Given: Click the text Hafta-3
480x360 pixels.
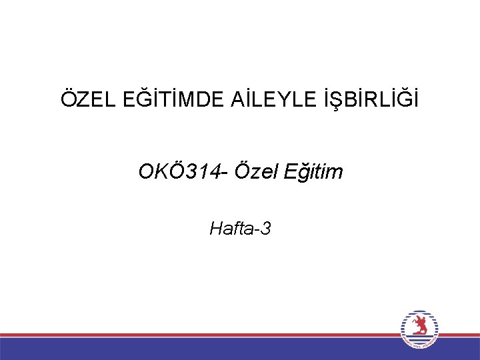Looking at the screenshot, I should tap(240, 229).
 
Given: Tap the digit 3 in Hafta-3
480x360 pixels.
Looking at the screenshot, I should tap(266, 229).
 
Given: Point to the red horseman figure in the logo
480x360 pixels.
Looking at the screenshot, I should tap(419, 327).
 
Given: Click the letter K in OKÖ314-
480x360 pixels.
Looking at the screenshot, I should tap(158, 172).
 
